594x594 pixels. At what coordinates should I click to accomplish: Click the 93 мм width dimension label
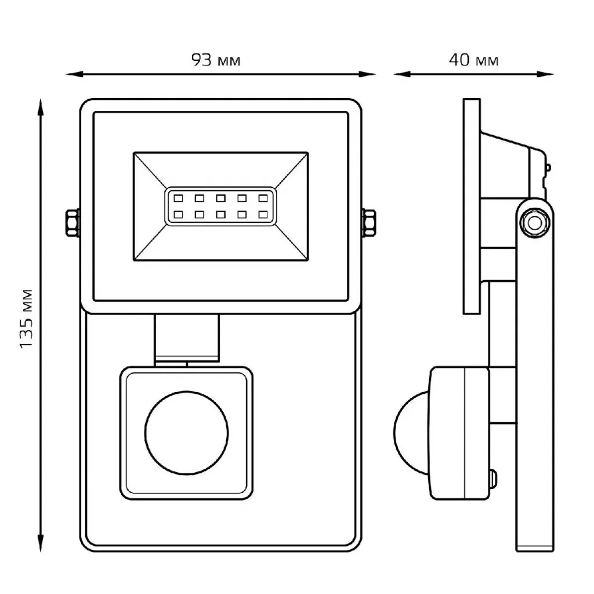pos(216,60)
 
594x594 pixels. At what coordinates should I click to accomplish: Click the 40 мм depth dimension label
pos(474,60)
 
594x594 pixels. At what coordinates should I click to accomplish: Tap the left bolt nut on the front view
pos(72,223)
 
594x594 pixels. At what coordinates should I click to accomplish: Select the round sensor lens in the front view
pos(186,430)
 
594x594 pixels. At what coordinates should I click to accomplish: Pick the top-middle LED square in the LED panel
pos(220,197)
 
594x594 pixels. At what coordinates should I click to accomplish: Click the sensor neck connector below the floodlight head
pos(187,338)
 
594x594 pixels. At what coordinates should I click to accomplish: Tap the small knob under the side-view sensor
pos(493,480)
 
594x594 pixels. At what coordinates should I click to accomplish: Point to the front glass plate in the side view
pos(472,207)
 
